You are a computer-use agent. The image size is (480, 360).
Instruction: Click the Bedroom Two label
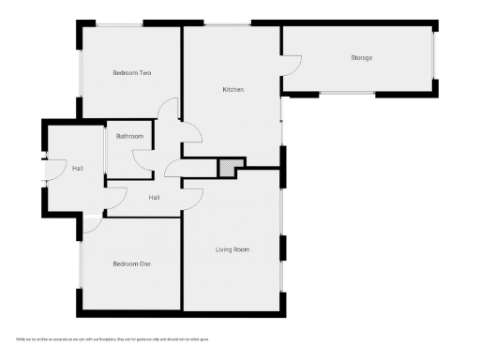[132, 73]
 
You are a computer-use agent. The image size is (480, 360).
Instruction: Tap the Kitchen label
[232, 90]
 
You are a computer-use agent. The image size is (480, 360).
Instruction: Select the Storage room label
[361, 58]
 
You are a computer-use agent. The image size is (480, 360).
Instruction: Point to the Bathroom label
[129, 137]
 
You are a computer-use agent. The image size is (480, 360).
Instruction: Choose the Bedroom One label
[131, 264]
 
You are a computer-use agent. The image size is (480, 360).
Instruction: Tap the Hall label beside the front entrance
[77, 169]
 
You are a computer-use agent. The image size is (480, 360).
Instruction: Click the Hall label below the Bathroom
[154, 198]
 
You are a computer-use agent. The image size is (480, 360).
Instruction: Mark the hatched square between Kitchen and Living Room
[227, 167]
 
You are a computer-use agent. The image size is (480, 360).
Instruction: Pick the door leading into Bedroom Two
[168, 109]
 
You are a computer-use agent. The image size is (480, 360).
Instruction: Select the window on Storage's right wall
[434, 58]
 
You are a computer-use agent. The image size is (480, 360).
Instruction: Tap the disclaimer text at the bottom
[112, 338]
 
